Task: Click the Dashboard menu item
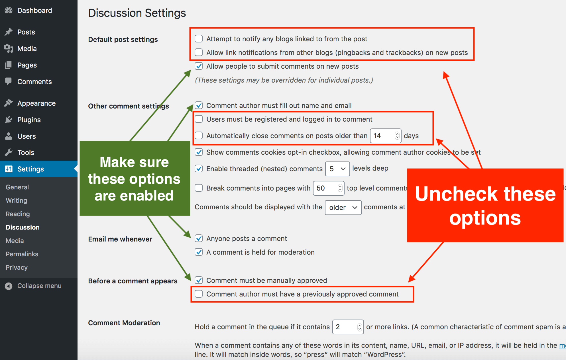(x=34, y=11)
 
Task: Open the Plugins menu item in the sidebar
(x=29, y=120)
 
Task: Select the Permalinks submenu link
(x=22, y=254)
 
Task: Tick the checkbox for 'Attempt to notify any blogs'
(x=199, y=39)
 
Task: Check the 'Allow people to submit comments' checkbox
(x=199, y=66)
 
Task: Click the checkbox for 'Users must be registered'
(x=199, y=119)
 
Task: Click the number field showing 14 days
(x=383, y=136)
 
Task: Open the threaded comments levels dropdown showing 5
(x=337, y=169)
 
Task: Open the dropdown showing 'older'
(x=343, y=208)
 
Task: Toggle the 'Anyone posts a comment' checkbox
(x=199, y=238)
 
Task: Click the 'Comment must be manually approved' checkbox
(x=199, y=280)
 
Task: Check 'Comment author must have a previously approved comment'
(x=199, y=294)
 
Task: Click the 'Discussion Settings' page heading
(x=137, y=13)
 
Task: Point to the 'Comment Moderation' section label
(x=124, y=323)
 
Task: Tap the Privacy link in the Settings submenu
(x=17, y=267)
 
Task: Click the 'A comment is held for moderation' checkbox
(x=199, y=252)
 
